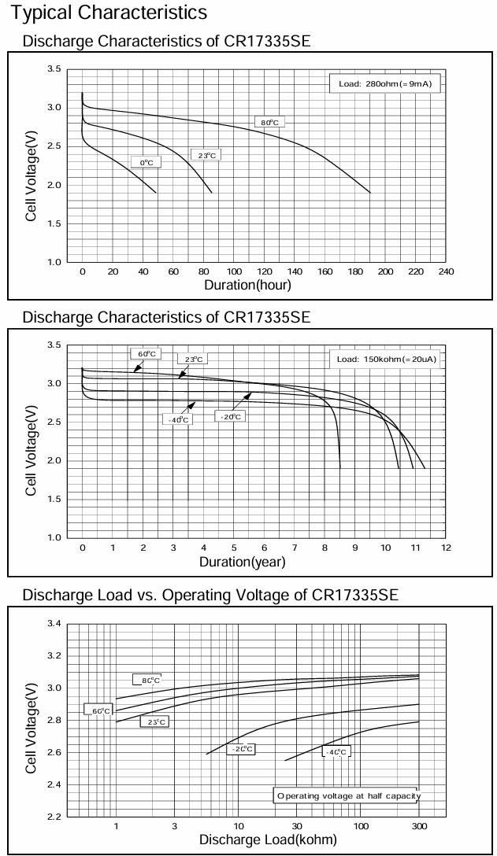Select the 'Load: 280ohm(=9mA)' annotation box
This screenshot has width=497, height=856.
(x=384, y=83)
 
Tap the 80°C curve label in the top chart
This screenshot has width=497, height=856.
(x=270, y=122)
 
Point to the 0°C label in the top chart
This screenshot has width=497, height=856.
(x=146, y=162)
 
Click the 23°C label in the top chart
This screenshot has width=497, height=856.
(x=205, y=155)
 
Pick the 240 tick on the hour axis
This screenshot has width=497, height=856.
(x=447, y=271)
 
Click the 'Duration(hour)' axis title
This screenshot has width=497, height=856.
(x=247, y=285)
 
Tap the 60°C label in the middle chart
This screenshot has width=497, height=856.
(x=147, y=354)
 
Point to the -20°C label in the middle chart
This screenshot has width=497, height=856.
(x=230, y=415)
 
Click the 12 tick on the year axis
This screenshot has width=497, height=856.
(x=446, y=547)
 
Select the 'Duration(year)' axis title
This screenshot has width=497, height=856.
(x=242, y=562)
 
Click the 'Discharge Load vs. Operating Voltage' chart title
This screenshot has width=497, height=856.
(x=210, y=596)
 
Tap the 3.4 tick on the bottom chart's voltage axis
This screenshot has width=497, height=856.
(x=54, y=624)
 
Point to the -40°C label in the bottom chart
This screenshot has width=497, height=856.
(x=336, y=752)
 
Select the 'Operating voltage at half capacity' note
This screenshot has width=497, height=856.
(x=348, y=795)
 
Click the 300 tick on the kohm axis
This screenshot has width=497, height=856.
(x=419, y=825)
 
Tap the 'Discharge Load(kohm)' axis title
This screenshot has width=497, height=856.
(x=268, y=839)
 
